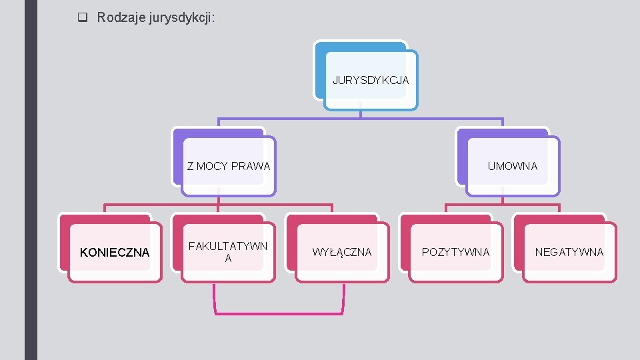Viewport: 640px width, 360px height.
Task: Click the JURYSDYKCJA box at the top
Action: tap(371, 80)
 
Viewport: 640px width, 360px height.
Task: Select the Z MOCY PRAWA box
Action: tap(229, 166)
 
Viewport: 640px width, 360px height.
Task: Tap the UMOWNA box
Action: tap(512, 166)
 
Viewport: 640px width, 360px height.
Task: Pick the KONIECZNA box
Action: tap(115, 252)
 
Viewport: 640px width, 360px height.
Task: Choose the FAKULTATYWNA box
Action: tap(228, 252)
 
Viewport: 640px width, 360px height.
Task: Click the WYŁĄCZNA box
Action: tap(342, 252)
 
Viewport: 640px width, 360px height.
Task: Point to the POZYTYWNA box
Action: tap(455, 252)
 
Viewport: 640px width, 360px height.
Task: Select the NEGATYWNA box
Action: tap(569, 252)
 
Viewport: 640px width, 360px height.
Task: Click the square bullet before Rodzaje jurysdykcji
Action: tap(83, 18)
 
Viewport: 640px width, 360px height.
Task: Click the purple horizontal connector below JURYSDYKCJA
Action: tap(360, 119)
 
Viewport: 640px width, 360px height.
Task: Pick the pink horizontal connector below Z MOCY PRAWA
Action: tap(218, 205)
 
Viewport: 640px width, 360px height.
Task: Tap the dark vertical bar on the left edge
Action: tap(31, 180)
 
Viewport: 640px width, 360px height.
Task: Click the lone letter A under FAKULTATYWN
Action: tap(228, 259)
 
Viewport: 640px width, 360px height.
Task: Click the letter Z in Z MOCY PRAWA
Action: tap(191, 166)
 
